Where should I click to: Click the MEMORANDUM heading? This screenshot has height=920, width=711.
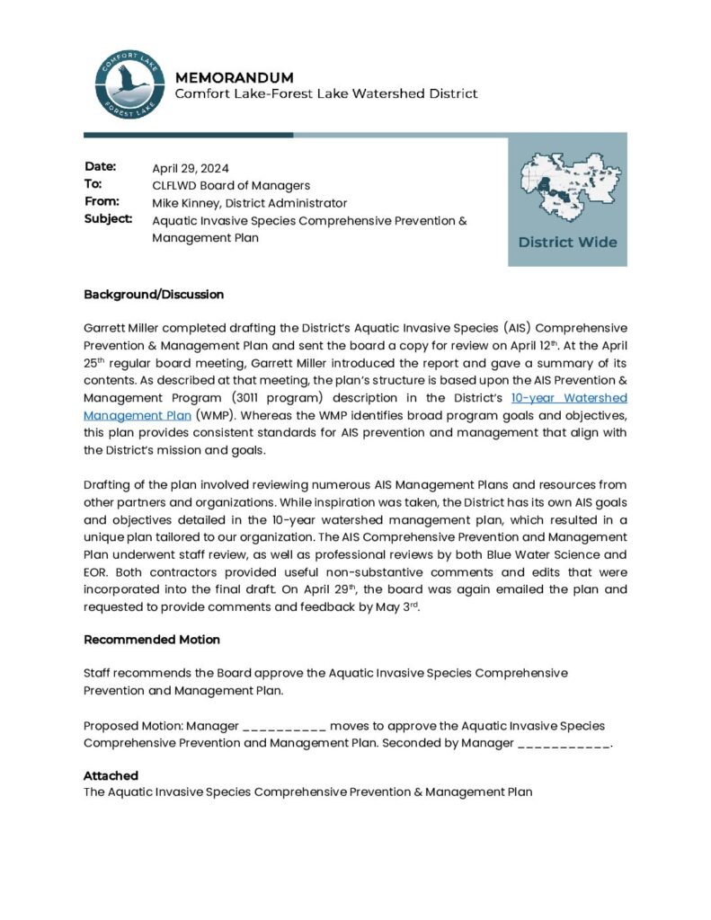(234, 78)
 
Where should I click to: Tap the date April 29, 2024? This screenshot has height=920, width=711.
(191, 168)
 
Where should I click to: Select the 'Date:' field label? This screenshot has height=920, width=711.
(101, 167)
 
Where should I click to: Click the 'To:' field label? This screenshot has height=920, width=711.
(93, 184)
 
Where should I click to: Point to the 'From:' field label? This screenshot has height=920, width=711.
(102, 202)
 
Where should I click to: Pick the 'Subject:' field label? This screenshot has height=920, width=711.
(108, 219)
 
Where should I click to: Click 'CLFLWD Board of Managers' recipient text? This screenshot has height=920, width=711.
(231, 185)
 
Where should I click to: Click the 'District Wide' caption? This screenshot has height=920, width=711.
(567, 243)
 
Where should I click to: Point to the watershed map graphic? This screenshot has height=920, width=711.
(567, 188)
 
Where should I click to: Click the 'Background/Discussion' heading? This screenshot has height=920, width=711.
(154, 295)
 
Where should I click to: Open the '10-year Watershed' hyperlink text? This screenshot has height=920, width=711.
(568, 398)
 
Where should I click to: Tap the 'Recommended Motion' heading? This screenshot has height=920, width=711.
(152, 640)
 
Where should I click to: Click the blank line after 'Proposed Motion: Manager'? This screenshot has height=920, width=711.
(284, 726)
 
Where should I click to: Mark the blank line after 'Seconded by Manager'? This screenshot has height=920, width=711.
(564, 744)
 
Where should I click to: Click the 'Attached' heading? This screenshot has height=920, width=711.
(111, 775)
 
